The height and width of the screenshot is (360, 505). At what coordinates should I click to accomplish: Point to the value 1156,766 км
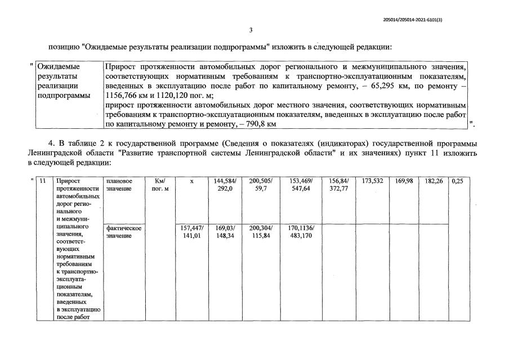(x=132, y=95)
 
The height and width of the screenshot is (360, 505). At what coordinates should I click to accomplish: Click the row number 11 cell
(x=42, y=181)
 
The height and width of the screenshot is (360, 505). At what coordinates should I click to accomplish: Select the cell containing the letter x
(x=191, y=181)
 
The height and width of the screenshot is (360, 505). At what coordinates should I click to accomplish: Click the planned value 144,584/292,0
(x=225, y=185)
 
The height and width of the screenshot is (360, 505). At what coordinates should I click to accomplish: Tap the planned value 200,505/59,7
(x=261, y=185)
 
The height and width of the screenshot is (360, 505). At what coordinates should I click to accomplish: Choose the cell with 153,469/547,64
(x=301, y=185)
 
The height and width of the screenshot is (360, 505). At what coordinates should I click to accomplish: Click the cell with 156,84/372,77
(x=338, y=185)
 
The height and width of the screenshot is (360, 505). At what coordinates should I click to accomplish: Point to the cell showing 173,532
(x=372, y=181)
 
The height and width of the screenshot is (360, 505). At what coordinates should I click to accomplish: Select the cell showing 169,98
(x=404, y=181)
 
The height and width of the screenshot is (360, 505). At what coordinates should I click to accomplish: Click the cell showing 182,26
(x=433, y=181)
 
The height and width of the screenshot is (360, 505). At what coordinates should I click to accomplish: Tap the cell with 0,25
(x=459, y=181)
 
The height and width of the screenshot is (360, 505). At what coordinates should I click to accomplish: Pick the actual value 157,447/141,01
(x=191, y=231)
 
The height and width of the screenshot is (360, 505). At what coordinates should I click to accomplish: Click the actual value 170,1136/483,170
(x=301, y=231)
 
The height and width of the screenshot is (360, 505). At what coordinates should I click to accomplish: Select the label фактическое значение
(x=123, y=231)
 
